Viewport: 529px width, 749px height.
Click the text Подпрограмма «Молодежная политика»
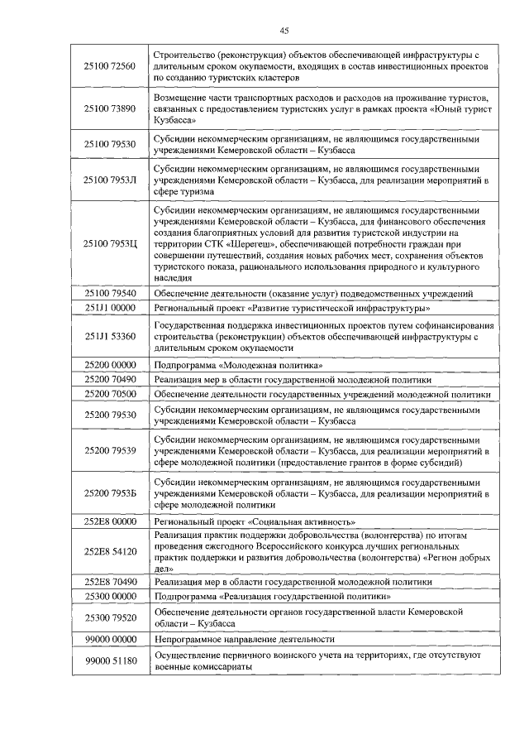tap(238, 365)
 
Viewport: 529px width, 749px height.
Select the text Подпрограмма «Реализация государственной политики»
tap(273, 596)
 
